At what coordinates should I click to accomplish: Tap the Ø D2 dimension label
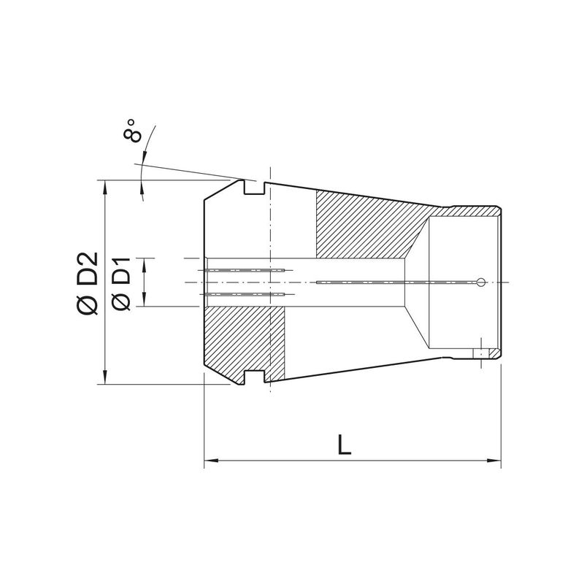pos(87,284)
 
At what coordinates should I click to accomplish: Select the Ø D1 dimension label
pos(121,284)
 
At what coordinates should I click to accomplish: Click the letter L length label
pos(344,444)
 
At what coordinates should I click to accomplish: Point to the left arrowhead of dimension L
pos(211,461)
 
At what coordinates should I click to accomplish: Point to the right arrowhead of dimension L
pos(495,461)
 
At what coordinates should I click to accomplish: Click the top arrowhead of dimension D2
pos(105,187)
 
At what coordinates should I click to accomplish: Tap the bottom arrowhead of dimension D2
pos(105,377)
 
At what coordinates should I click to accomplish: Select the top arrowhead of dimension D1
pos(145,264)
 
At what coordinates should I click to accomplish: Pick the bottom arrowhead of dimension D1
pos(145,300)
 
